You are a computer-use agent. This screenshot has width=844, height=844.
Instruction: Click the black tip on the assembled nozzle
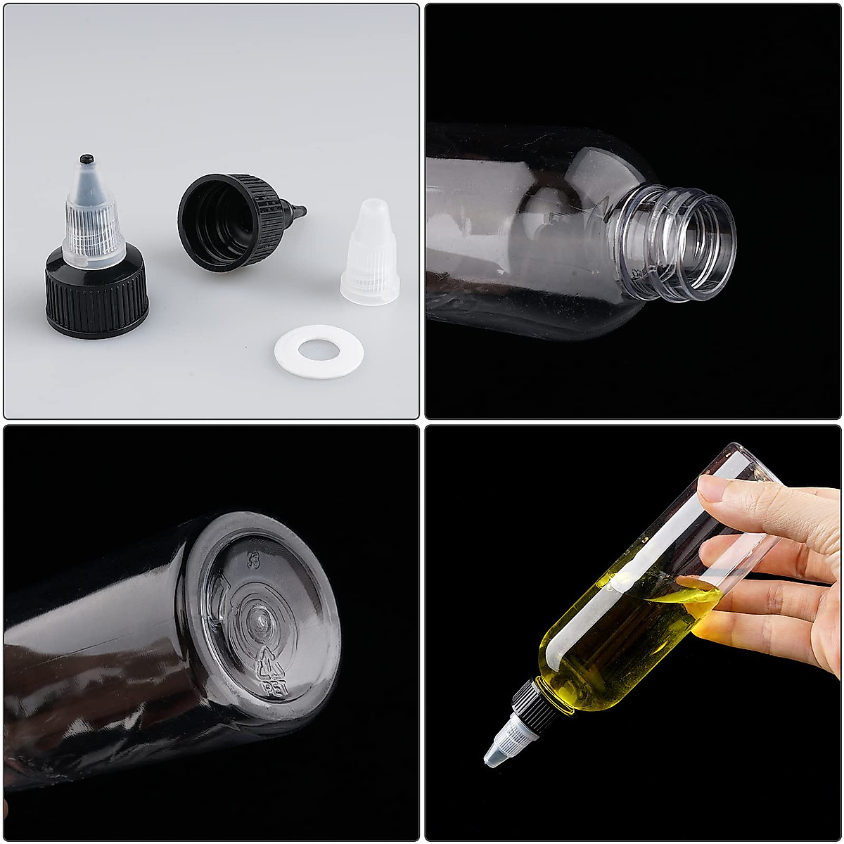[x=87, y=159]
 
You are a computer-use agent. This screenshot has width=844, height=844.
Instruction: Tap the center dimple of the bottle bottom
[x=260, y=619]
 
